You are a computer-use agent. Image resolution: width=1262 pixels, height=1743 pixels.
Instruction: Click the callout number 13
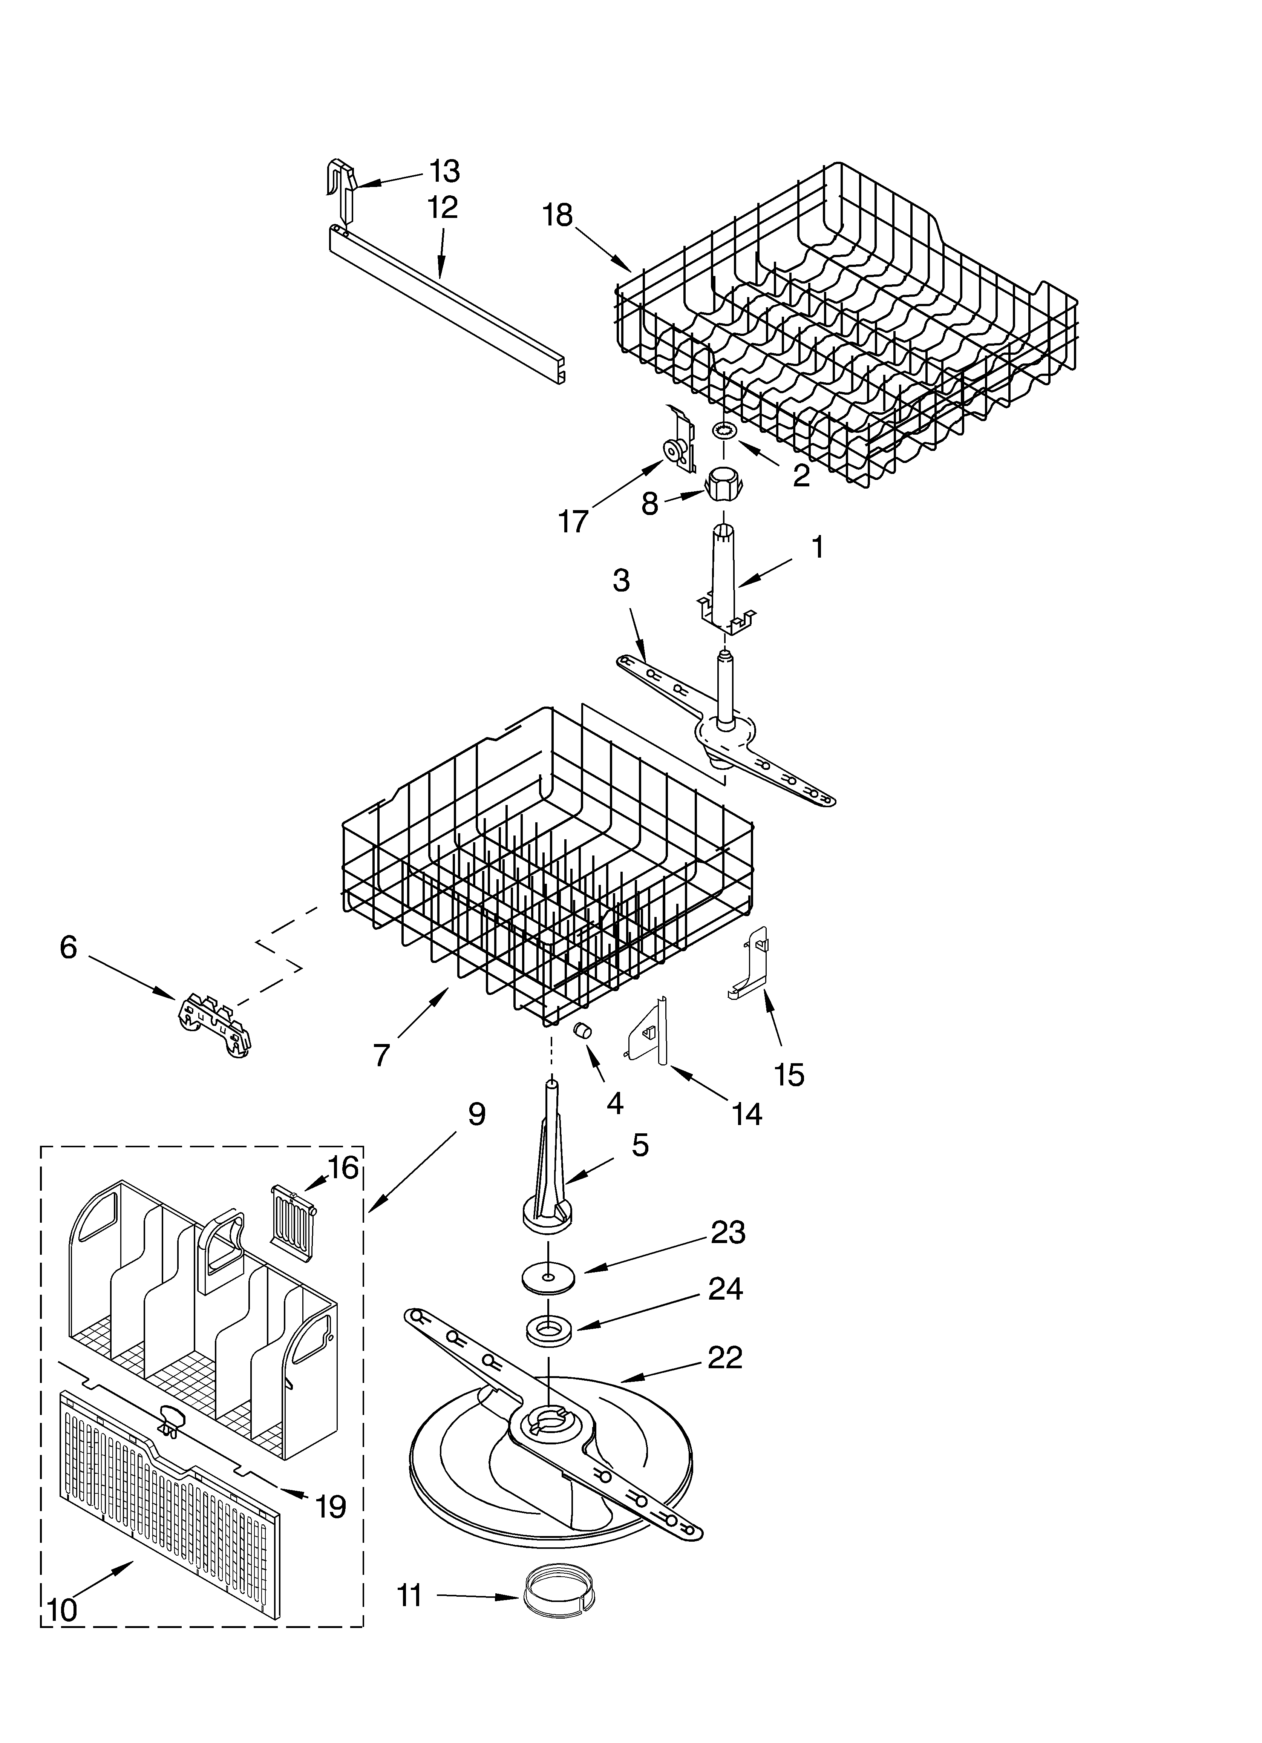coord(444,172)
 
